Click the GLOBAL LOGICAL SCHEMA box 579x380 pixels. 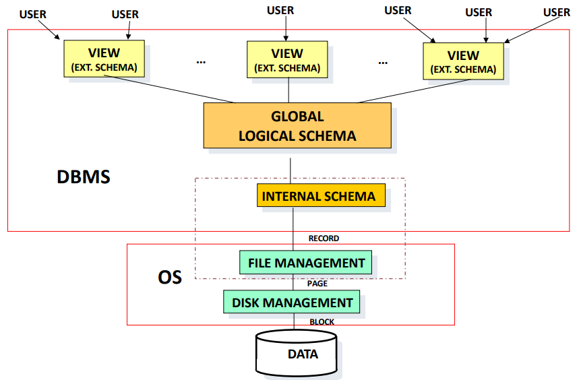click(297, 125)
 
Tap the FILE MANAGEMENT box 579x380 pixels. click(305, 262)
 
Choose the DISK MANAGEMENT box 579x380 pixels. click(292, 303)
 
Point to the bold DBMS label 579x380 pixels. click(83, 178)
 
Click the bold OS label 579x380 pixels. click(170, 277)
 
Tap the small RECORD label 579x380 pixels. click(324, 239)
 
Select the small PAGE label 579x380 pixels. click(317, 284)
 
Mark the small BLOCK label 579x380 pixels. click(322, 322)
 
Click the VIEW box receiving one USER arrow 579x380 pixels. click(287, 59)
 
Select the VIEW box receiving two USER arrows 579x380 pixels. click(104, 59)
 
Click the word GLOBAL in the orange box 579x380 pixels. click(297, 117)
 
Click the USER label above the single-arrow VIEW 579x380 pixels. click(280, 10)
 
